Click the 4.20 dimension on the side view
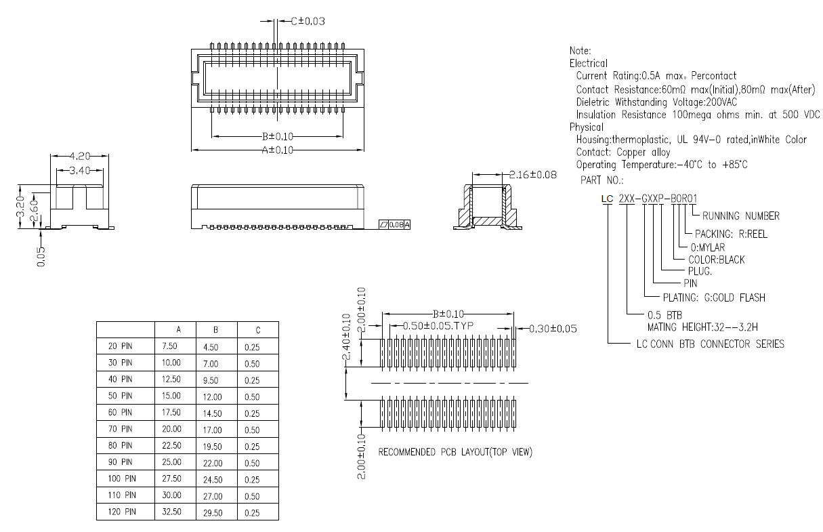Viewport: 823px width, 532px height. coord(79,155)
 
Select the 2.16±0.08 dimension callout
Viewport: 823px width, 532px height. coord(532,175)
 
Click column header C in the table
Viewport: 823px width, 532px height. coord(258,330)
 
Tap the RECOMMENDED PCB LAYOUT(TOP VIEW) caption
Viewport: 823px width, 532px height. coord(455,452)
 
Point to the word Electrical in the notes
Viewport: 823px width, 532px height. coord(588,63)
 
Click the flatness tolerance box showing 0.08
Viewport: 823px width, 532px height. coord(394,224)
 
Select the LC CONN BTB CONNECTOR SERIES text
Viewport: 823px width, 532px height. coord(711,344)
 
